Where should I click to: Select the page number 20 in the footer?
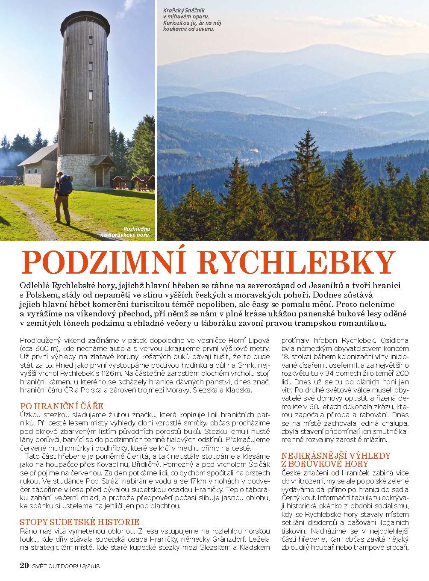click(24, 565)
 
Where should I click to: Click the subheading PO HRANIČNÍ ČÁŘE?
click(62, 405)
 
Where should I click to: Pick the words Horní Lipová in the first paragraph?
click(250, 340)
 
